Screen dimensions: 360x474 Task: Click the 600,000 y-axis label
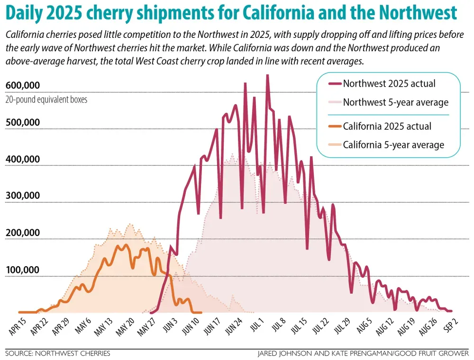(22, 85)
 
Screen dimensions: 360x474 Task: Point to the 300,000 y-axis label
(22, 196)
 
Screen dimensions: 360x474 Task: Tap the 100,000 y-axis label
(22, 270)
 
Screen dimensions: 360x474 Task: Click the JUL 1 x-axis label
(257, 325)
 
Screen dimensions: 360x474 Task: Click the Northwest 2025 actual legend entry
(389, 83)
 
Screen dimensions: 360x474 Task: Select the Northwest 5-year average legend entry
(395, 102)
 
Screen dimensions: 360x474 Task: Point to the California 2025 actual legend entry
(387, 126)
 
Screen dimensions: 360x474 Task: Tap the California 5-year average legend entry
(393, 144)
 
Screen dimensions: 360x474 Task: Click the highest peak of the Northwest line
(267, 75)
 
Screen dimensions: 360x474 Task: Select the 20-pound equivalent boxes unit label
(46, 100)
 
